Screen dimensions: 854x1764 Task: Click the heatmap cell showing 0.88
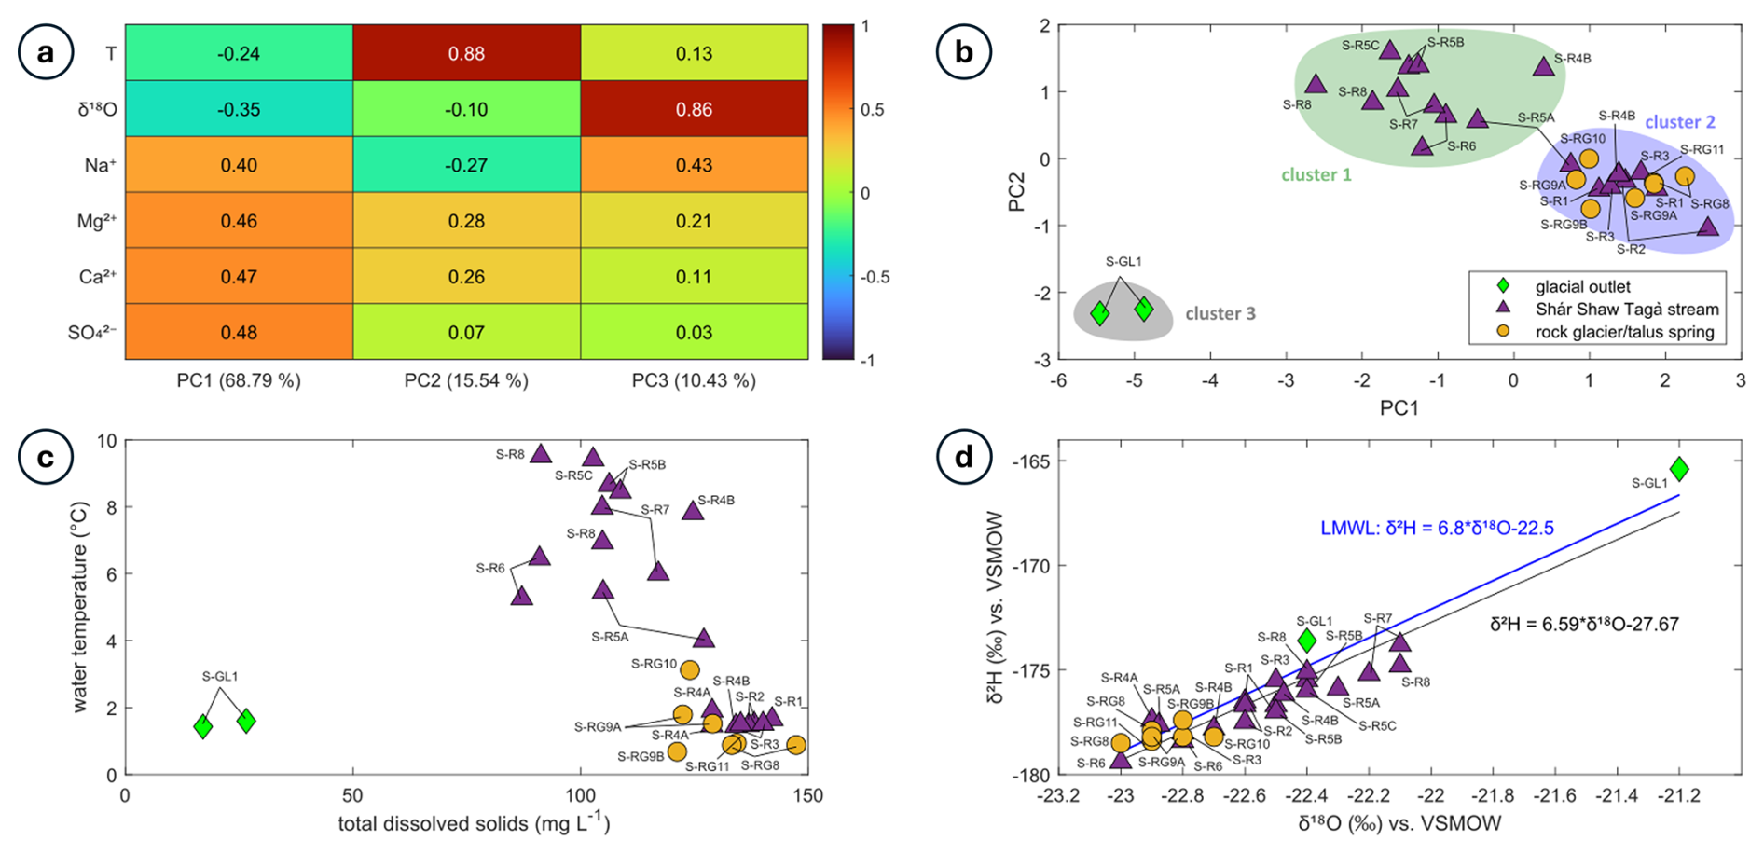point(466,54)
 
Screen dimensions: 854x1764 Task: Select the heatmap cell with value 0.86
point(694,110)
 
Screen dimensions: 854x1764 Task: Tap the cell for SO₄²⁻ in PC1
point(239,333)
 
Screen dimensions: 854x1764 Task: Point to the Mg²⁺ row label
point(97,222)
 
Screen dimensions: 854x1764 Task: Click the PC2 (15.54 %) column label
point(466,380)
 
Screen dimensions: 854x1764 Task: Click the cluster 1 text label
point(1316,175)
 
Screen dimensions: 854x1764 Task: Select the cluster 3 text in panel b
point(1220,314)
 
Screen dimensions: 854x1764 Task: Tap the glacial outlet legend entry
point(1583,287)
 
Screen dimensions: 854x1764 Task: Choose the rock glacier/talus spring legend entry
point(1624,332)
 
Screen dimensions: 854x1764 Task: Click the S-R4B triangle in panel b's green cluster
point(1544,66)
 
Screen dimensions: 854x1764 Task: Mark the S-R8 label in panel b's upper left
point(1297,105)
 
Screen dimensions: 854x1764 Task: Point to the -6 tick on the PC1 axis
point(1058,380)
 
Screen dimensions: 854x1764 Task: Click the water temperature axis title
point(81,608)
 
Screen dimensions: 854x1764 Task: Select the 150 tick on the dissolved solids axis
point(807,795)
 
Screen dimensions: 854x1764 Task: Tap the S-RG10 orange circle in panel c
point(690,669)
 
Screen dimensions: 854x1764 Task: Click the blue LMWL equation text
point(1437,529)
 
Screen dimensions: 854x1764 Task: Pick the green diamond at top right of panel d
point(1679,468)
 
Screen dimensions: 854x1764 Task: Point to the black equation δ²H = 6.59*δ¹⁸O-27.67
point(1583,625)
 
